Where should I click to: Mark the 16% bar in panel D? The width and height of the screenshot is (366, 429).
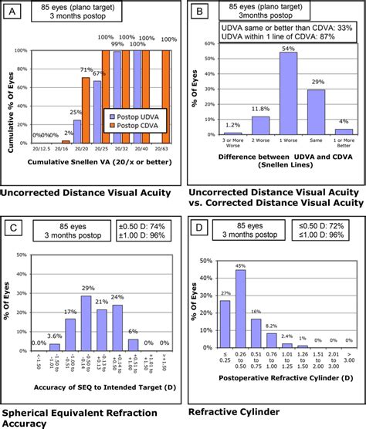coord(256,333)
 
